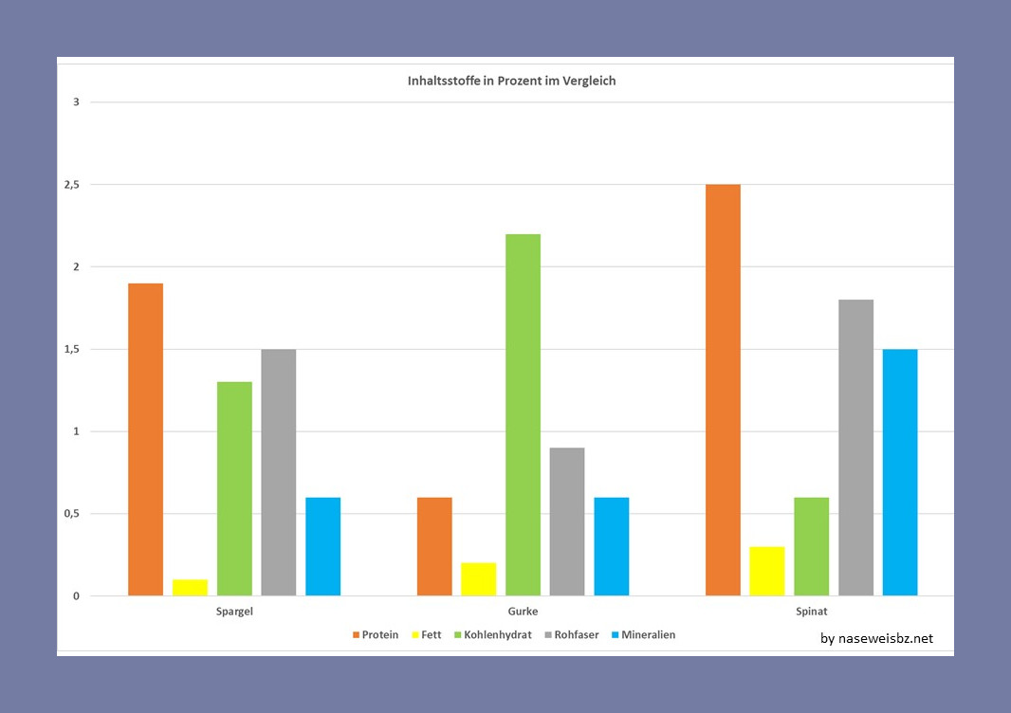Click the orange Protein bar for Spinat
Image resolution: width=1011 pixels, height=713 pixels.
(723, 390)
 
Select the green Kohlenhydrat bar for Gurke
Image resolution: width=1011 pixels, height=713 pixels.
(523, 414)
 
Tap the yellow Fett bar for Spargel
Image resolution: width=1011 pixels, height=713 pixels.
(190, 587)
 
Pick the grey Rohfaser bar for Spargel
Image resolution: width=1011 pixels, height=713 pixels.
(278, 472)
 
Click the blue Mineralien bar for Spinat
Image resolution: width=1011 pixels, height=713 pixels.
(900, 472)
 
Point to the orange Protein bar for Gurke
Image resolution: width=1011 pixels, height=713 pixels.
(434, 546)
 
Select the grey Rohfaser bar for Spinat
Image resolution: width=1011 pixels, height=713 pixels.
(855, 448)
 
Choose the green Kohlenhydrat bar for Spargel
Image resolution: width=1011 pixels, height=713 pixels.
(234, 488)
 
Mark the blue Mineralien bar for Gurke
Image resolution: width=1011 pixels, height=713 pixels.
(611, 546)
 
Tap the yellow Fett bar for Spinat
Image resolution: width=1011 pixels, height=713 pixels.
(767, 571)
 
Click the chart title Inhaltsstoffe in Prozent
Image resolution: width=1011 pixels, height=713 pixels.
(511, 82)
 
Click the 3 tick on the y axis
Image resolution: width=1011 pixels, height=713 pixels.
(76, 102)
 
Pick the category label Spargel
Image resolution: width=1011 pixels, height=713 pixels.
(234, 612)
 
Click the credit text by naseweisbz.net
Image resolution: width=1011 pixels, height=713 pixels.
(876, 638)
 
